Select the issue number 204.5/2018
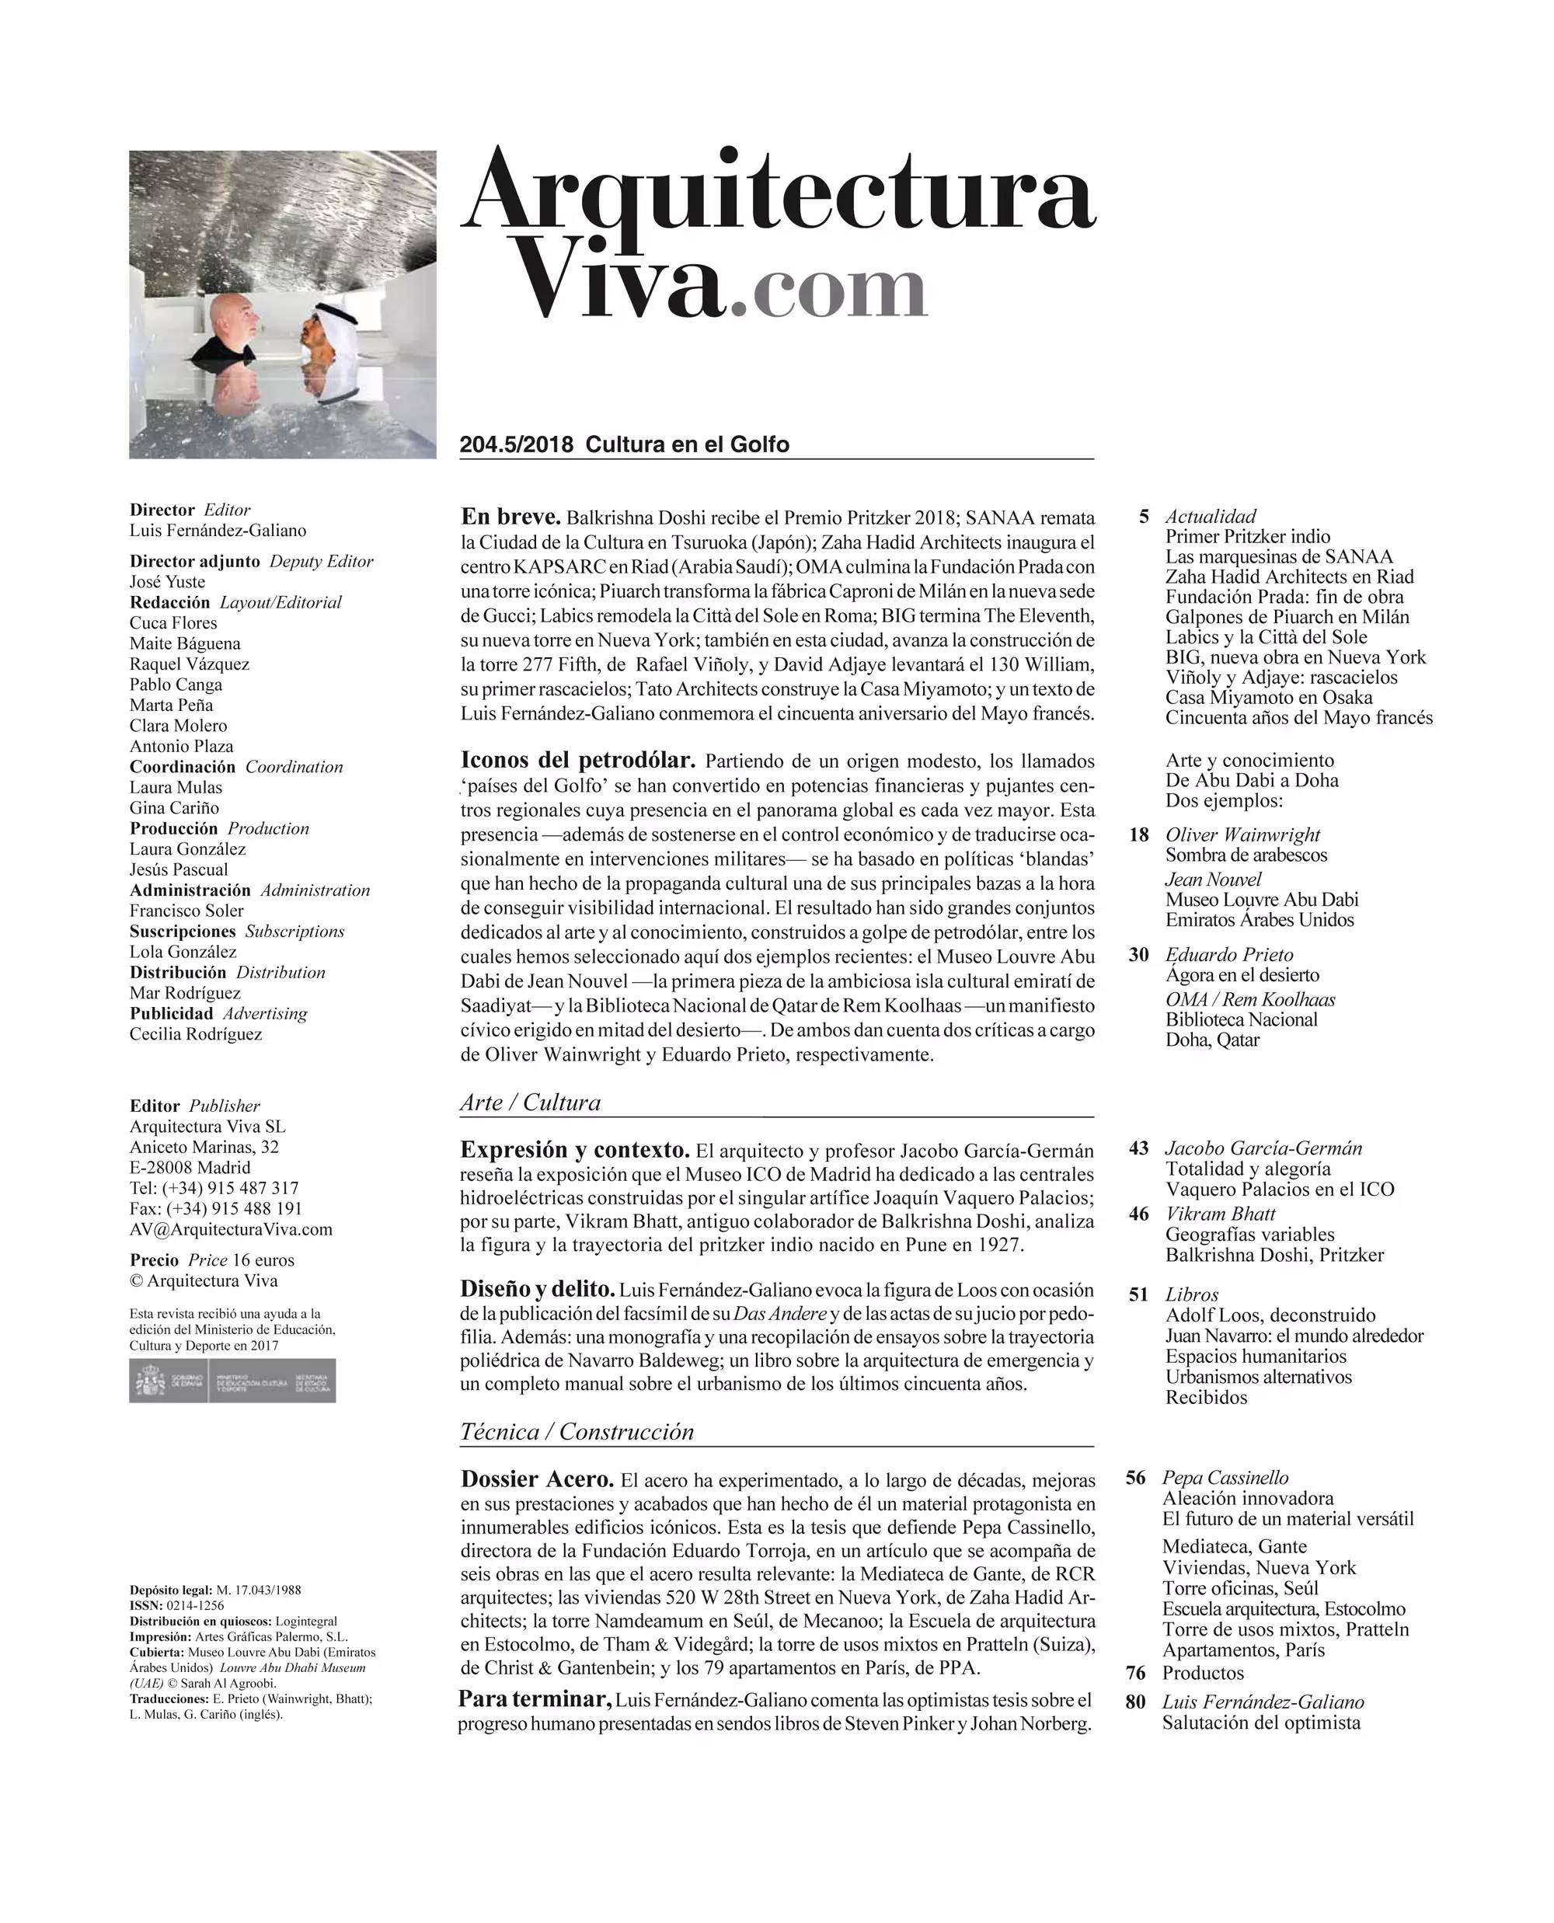(517, 445)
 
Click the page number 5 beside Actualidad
(1144, 517)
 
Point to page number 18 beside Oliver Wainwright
(1138, 834)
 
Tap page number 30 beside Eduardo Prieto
(1138, 954)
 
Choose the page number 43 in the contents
(1138, 1148)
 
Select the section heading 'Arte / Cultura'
(530, 1102)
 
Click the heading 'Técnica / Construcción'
(577, 1431)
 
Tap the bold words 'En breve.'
(510, 517)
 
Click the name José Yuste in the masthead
(167, 582)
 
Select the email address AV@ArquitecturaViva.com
(231, 1230)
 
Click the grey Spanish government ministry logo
(233, 1381)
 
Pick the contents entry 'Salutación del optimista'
(1261, 1723)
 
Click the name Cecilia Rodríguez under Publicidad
(196, 1034)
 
